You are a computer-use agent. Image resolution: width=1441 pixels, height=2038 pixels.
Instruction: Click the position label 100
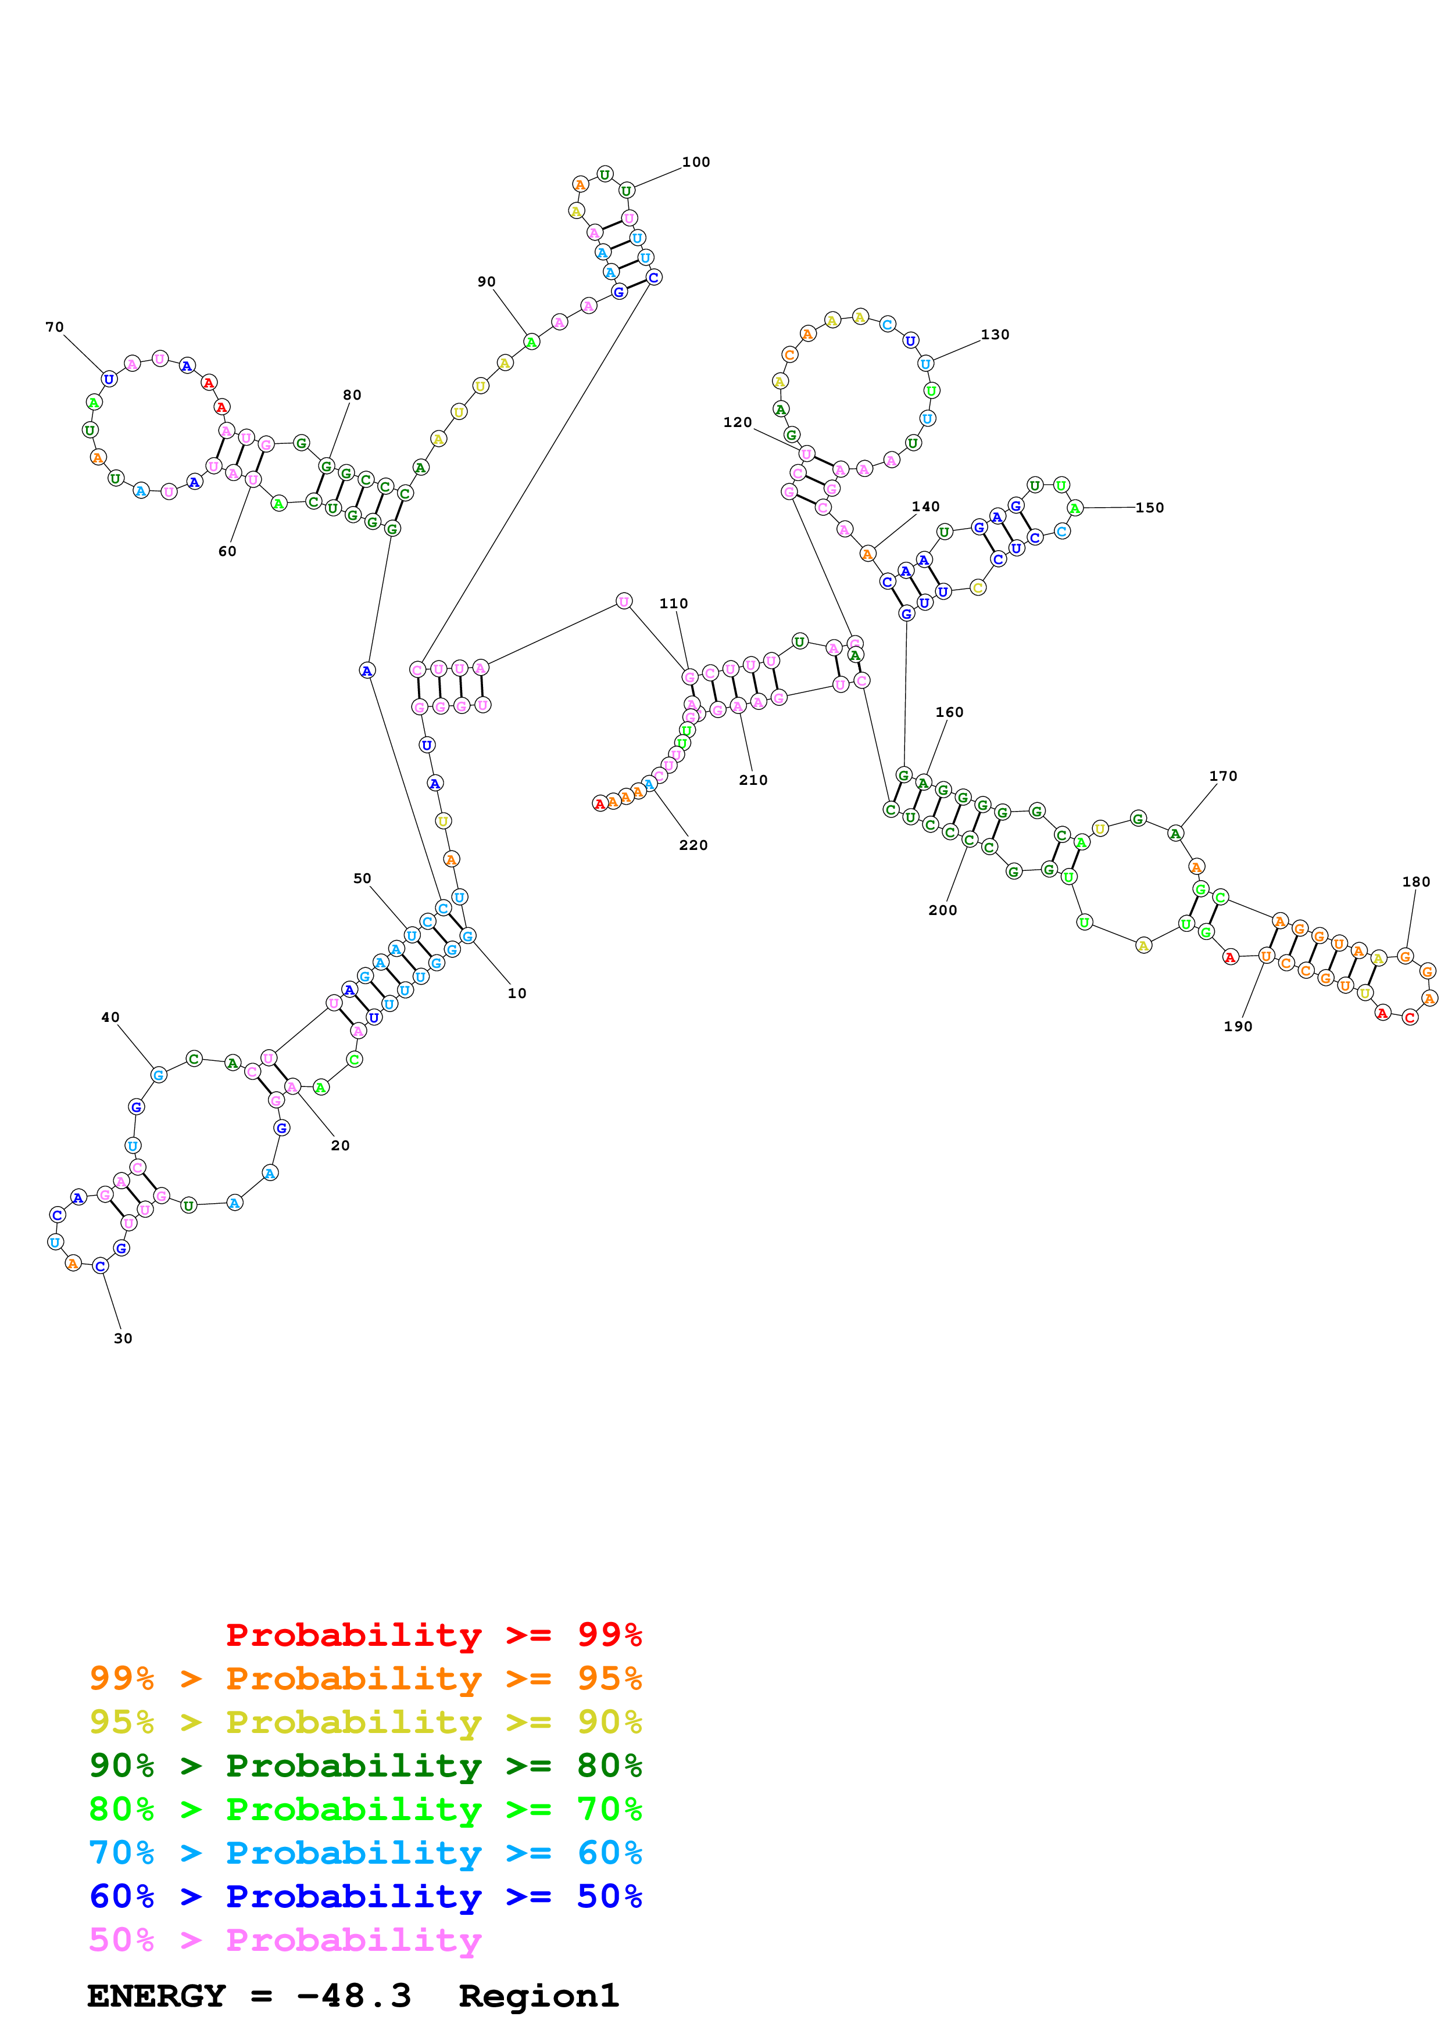(695, 162)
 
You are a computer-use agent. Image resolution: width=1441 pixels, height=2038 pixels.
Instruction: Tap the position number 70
(54, 326)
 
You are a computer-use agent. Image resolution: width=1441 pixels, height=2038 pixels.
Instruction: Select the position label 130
(995, 335)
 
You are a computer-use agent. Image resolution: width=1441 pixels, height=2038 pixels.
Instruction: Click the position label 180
(1416, 881)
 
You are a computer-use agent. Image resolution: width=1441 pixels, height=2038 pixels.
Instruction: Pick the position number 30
(123, 1338)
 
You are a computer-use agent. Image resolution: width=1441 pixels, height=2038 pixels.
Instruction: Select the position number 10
(517, 993)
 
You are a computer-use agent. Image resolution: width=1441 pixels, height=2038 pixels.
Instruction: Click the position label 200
(942, 910)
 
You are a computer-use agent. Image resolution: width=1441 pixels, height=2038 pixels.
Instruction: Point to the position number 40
(110, 1017)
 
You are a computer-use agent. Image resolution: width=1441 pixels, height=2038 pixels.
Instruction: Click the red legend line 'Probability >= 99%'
(433, 1635)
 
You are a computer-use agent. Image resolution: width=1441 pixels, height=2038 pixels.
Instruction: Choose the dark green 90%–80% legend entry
(365, 1766)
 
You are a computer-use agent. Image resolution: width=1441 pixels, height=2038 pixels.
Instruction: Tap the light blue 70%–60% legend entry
(365, 1853)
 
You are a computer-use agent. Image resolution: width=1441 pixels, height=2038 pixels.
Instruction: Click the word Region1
(538, 1996)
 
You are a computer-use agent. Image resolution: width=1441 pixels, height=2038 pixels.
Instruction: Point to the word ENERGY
(156, 1996)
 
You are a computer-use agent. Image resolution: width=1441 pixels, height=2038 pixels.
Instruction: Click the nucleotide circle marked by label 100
(627, 191)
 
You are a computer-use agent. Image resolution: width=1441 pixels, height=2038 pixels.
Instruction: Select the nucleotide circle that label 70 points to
(108, 379)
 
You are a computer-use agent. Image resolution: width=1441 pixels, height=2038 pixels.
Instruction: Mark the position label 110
(673, 604)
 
